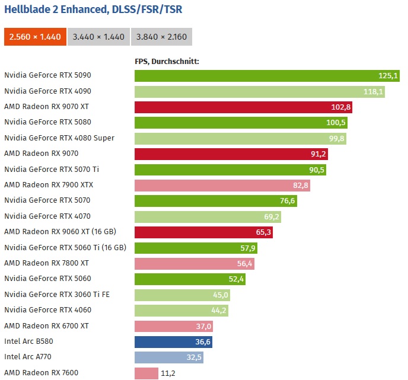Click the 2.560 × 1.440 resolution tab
tap(35, 37)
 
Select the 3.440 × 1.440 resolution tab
tap(98, 37)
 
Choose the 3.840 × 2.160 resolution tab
tap(161, 37)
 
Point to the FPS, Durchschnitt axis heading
tap(167, 61)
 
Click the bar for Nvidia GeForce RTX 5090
tap(255, 75)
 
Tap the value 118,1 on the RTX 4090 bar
tap(374, 91)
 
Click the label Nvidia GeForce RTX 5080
tap(47, 122)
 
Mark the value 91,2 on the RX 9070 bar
tap(316, 154)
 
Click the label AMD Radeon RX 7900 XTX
tap(49, 185)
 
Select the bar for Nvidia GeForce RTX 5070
tap(213, 200)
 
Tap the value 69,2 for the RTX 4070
tap(270, 216)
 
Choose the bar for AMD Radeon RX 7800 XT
tap(196, 263)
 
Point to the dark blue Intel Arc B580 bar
tap(172, 341)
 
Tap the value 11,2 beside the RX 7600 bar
tap(168, 373)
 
